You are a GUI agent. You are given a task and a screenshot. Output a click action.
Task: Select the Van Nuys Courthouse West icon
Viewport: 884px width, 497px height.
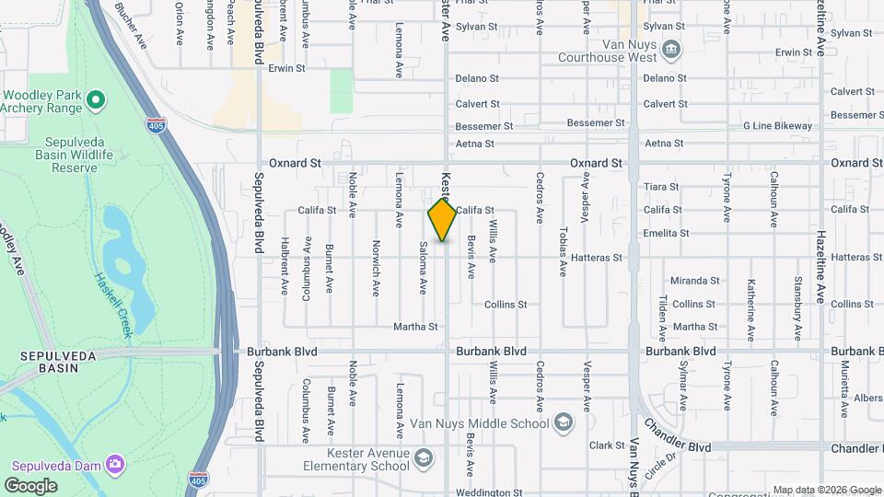pos(672,49)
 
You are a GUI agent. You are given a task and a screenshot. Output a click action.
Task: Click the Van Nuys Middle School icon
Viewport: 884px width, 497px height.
pos(564,423)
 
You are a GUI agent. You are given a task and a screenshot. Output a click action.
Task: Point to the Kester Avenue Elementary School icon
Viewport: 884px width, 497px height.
pos(423,458)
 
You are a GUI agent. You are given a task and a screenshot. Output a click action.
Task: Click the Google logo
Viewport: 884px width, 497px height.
pos(30,485)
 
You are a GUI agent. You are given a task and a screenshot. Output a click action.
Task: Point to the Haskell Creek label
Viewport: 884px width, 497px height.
pos(111,305)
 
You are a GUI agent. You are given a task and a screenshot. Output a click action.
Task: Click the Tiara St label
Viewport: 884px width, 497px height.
pos(661,187)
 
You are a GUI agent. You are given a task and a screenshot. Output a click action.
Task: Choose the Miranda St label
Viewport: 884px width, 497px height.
pos(694,281)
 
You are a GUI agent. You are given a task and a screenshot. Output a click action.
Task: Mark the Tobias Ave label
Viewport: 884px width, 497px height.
pos(563,251)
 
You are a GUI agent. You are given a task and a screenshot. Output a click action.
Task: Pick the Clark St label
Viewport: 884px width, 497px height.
pos(607,445)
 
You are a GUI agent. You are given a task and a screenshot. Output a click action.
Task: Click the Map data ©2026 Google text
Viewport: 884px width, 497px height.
pos(826,490)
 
